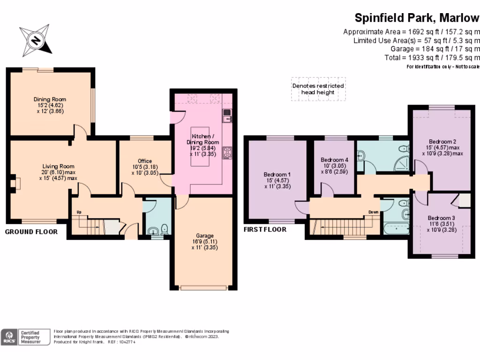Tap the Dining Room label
tap(50, 99)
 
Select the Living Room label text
tap(58, 166)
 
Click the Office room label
tap(145, 161)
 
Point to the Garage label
tap(205, 236)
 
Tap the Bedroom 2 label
tap(442, 142)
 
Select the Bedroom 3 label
tap(441, 218)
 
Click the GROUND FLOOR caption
tap(31, 232)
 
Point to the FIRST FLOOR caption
tap(265, 230)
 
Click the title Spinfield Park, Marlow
tap(417, 18)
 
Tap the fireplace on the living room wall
tap(15, 183)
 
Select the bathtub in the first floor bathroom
tap(396, 229)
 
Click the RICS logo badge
tap(9, 337)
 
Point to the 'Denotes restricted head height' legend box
tap(318, 89)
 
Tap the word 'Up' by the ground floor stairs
tap(79, 212)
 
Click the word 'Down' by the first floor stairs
tap(373, 211)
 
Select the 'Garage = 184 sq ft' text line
tap(435, 49)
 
